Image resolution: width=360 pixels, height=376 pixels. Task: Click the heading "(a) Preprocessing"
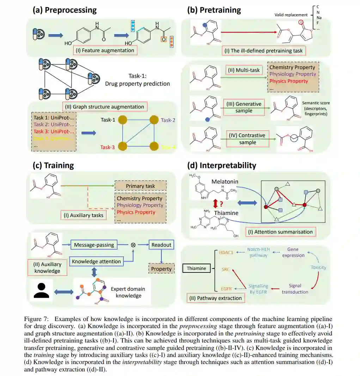coord(65,10)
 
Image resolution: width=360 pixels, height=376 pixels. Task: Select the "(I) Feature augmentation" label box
coord(105,50)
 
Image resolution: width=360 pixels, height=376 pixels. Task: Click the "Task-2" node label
coord(168,120)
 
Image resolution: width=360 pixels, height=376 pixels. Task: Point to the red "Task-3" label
coord(108,147)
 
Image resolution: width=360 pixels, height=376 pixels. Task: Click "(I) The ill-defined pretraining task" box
coord(264,51)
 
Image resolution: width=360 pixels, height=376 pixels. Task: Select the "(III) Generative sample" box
coord(244,107)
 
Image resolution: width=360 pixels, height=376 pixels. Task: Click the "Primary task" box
coord(140,186)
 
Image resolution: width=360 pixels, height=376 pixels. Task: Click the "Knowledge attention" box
coord(96,261)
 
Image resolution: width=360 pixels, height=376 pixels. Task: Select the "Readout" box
coord(161,245)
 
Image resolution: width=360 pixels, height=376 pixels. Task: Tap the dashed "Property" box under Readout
coord(161,269)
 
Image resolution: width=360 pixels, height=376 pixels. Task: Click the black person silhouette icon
coord(42,291)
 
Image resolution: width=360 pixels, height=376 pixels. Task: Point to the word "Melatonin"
coord(225,181)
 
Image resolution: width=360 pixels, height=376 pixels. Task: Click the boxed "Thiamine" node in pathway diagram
coord(196,269)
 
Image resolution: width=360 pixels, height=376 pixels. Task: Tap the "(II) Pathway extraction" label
coord(215,298)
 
